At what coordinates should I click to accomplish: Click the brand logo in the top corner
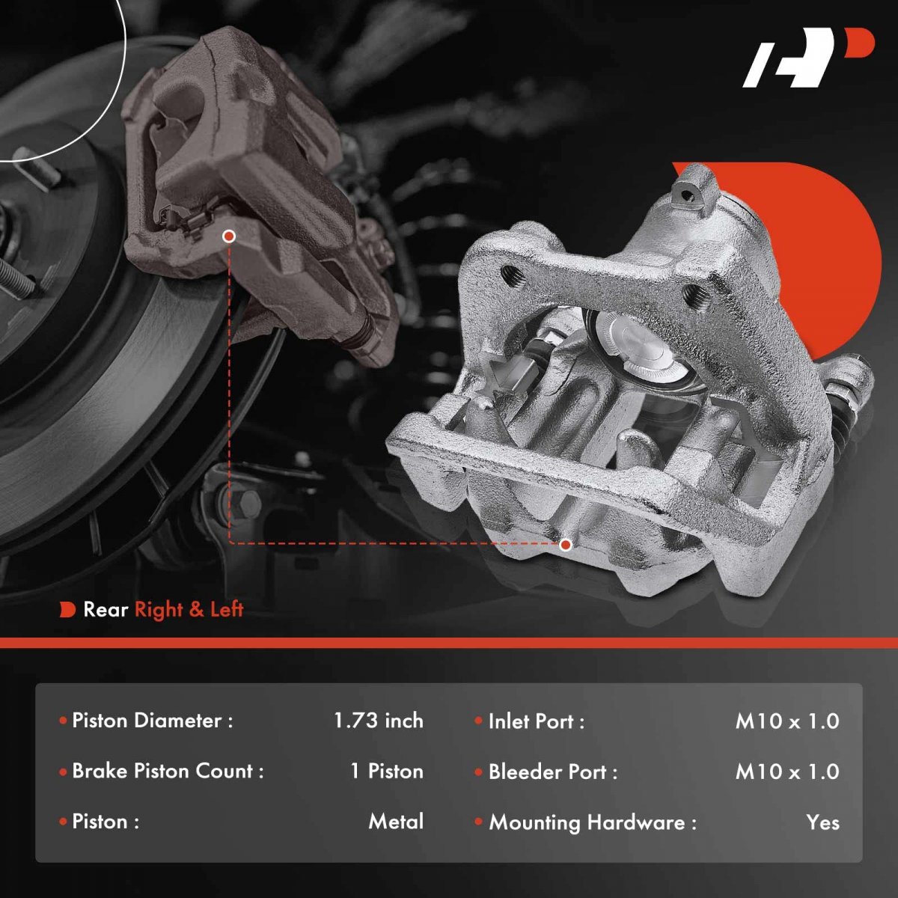(x=808, y=64)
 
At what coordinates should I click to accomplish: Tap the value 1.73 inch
(x=379, y=721)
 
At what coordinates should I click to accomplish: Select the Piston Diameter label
(x=153, y=721)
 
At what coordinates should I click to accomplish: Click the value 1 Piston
(x=386, y=772)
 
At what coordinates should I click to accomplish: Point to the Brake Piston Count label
(x=168, y=772)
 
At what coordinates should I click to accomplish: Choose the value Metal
(x=396, y=822)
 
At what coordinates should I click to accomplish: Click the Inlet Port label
(x=536, y=721)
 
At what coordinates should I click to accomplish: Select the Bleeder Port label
(x=553, y=772)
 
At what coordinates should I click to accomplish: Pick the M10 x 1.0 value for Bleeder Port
(x=787, y=772)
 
